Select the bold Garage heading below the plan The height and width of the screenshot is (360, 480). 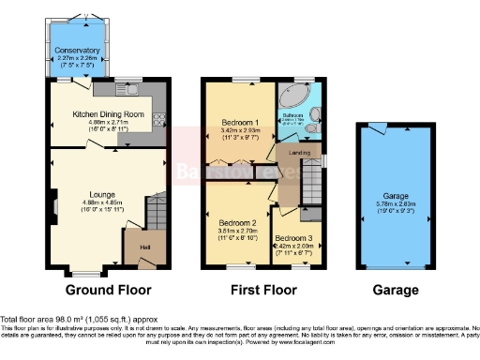(395, 291)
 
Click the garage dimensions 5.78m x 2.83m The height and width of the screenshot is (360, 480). (395, 204)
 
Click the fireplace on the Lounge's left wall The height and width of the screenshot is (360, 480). (54, 205)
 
